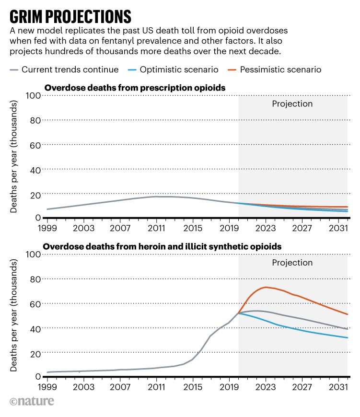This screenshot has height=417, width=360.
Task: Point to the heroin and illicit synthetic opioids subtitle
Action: click(162, 246)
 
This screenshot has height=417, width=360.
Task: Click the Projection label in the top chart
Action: click(292, 104)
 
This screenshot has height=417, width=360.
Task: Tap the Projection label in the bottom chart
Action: click(292, 263)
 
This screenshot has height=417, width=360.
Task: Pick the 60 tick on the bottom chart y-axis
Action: click(35, 303)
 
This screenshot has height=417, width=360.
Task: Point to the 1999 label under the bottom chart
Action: click(48, 386)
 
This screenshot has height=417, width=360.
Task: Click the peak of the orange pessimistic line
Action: click(266, 287)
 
